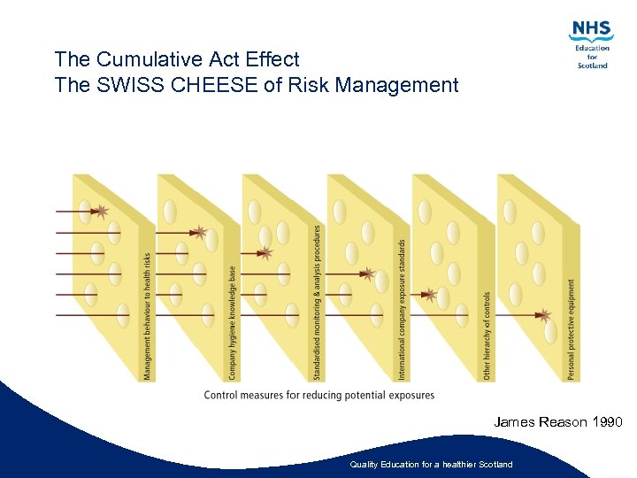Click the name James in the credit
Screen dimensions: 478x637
pyautogui.click(x=514, y=422)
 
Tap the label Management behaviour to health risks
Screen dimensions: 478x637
pyautogui.click(x=148, y=317)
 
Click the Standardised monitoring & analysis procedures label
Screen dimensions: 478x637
pyautogui.click(x=318, y=302)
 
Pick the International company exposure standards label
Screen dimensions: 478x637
pyautogui.click(x=403, y=309)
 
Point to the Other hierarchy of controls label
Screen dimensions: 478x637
pyautogui.click(x=487, y=336)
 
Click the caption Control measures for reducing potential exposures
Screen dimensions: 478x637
pyautogui.click(x=319, y=395)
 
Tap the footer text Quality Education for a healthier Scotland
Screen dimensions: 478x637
pyautogui.click(x=431, y=465)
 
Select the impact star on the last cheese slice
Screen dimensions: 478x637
pyautogui.click(x=546, y=315)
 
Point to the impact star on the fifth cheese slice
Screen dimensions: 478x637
pyautogui.click(x=431, y=294)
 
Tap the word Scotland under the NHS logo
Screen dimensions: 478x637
pyautogui.click(x=592, y=66)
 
